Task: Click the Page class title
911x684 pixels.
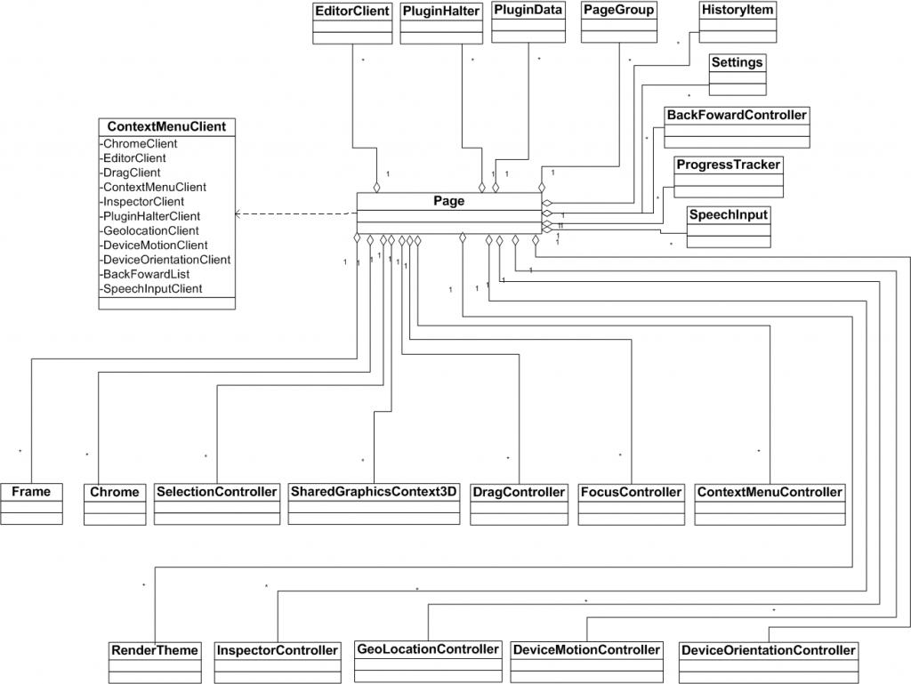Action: click(449, 201)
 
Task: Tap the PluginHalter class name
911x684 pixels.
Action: click(441, 12)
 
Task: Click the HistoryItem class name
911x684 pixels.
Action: click(738, 11)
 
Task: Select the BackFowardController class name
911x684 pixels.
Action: click(738, 115)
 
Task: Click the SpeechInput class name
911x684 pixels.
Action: click(728, 214)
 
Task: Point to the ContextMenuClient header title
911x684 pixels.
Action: click(166, 126)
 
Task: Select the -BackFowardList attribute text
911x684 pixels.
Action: click(144, 274)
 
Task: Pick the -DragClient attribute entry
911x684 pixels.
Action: click(131, 173)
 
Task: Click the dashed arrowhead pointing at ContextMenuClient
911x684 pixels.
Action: click(238, 214)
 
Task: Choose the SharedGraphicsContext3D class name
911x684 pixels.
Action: click(374, 492)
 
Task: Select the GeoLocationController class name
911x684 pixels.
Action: click(428, 649)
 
